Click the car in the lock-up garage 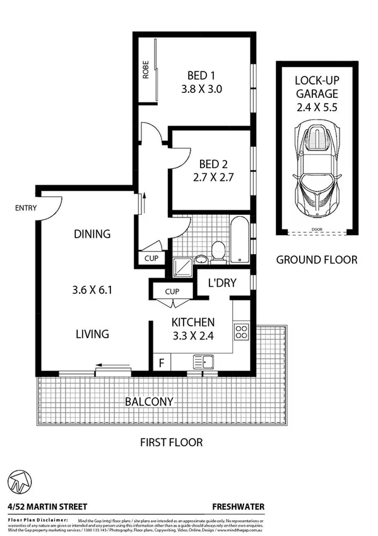317,168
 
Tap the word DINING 92,234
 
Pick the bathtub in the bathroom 240,241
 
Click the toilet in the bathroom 218,250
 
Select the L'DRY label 221,283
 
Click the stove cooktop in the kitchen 241,332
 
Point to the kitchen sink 203,362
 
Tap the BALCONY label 149,401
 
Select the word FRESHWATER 239,506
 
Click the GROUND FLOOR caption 317,259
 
